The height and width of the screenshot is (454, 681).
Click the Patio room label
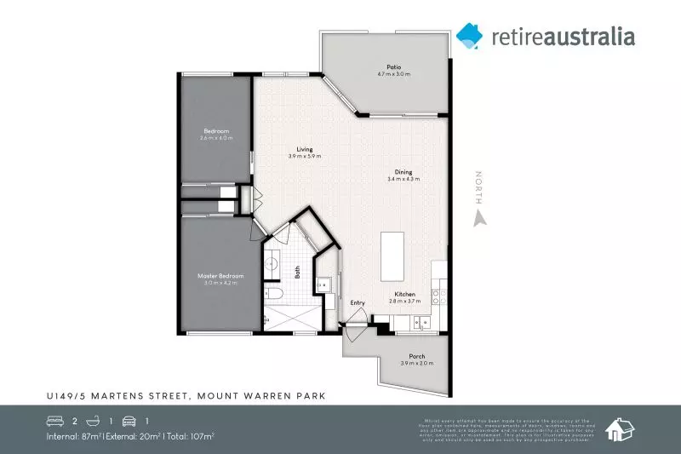[393, 67]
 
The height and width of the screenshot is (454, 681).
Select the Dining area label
[403, 170]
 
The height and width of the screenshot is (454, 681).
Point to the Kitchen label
[404, 295]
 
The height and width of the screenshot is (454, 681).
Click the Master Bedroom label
[221, 276]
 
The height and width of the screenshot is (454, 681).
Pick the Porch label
[417, 356]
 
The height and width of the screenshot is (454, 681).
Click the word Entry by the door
[358, 303]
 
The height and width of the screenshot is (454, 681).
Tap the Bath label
[298, 273]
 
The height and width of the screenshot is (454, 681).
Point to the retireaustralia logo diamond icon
[469, 36]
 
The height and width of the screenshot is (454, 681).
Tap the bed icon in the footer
[55, 421]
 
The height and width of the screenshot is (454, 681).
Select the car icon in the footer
[129, 421]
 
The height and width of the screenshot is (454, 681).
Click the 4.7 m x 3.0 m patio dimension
[393, 75]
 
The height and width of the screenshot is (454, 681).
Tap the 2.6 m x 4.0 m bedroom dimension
[216, 138]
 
